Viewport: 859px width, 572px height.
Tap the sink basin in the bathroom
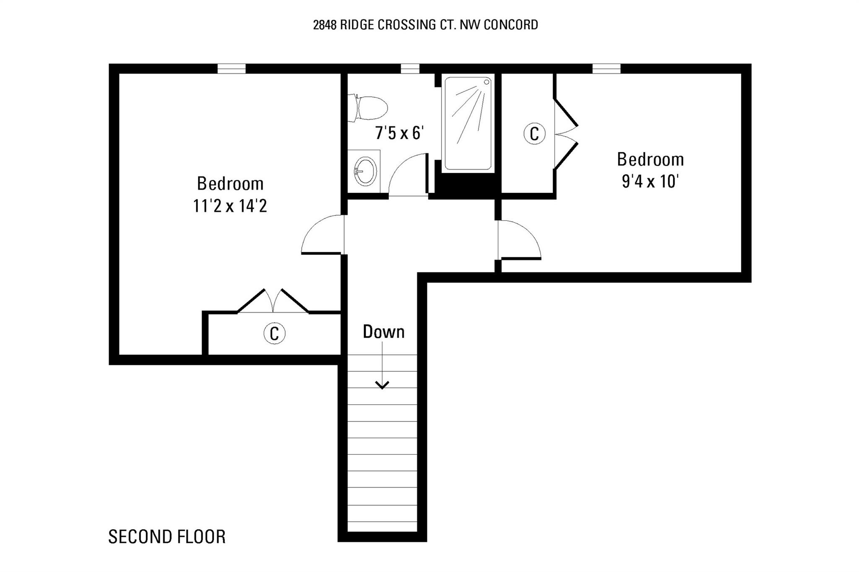(x=365, y=171)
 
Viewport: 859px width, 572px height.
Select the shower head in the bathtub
(x=487, y=82)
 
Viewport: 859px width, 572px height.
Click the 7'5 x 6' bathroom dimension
(x=400, y=133)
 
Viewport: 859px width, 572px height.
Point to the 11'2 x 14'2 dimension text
(x=230, y=206)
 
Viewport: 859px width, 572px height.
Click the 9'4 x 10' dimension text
(x=650, y=181)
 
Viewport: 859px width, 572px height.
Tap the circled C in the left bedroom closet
(x=274, y=334)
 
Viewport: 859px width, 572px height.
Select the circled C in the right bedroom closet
(x=534, y=134)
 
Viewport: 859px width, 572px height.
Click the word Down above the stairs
(x=384, y=332)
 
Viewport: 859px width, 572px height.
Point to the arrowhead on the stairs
(x=382, y=385)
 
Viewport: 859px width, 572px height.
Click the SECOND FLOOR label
(x=167, y=537)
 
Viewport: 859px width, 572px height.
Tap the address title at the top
(x=426, y=25)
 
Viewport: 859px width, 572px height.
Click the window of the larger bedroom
(x=232, y=69)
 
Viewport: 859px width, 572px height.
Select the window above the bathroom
(x=410, y=69)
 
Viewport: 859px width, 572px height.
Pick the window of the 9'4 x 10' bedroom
(x=607, y=69)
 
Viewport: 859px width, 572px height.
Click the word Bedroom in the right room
(x=650, y=160)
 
